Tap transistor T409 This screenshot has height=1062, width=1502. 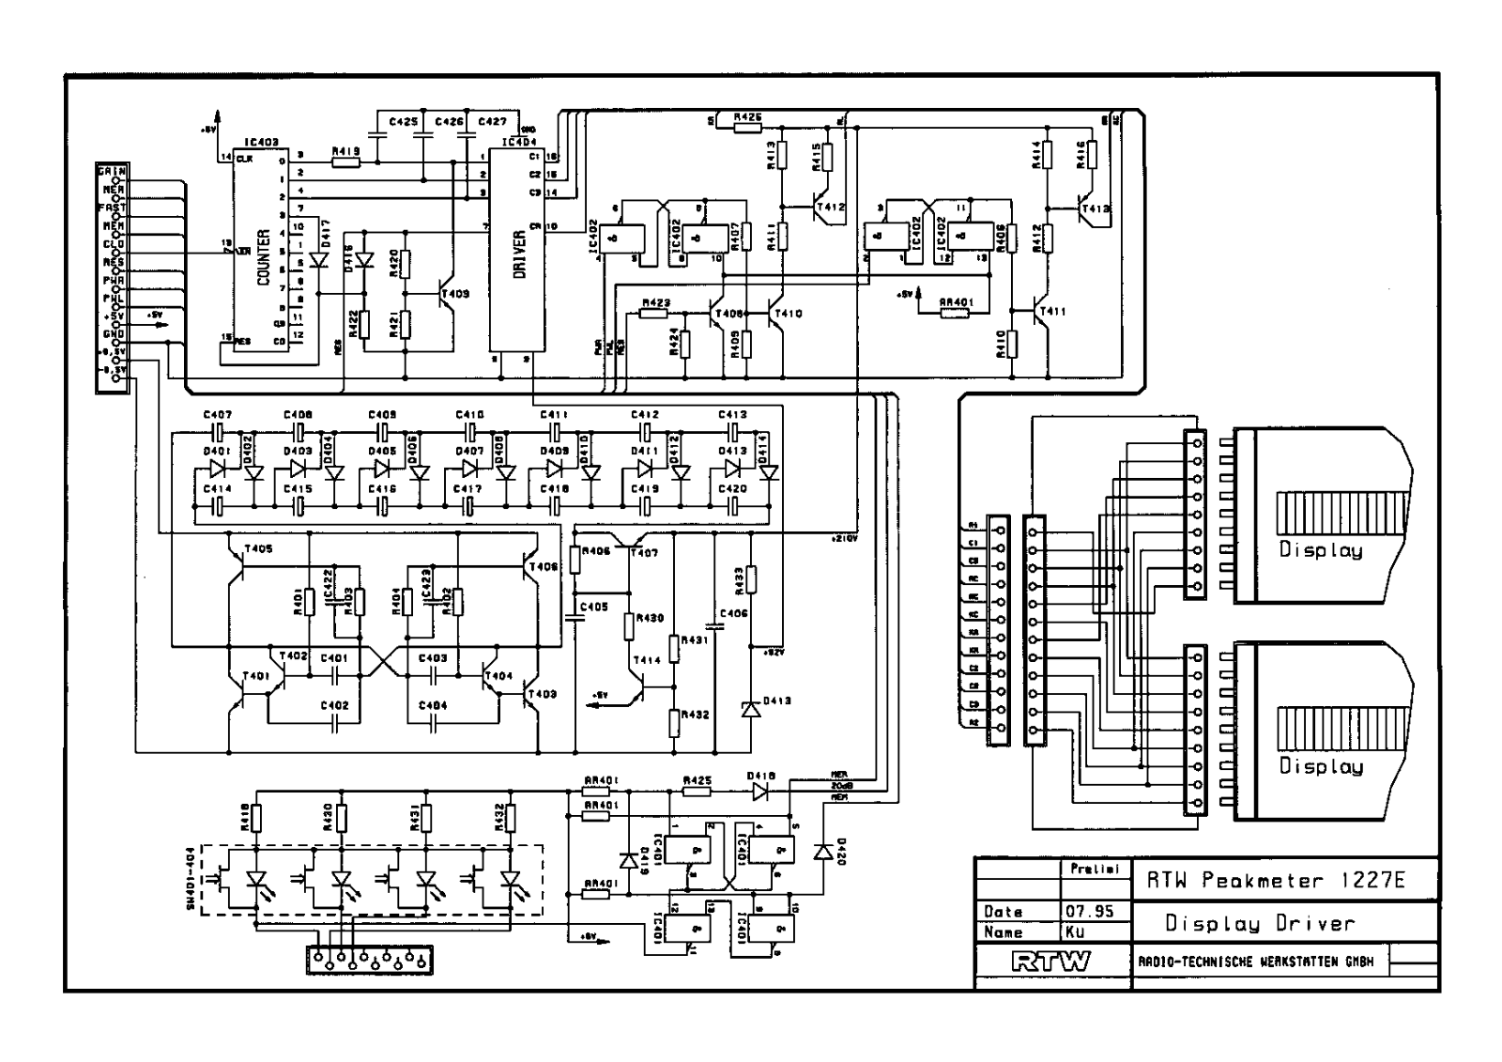click(x=447, y=294)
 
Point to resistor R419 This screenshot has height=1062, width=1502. click(x=345, y=162)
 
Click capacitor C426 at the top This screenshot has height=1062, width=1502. click(x=423, y=135)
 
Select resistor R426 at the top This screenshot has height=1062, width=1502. click(x=747, y=126)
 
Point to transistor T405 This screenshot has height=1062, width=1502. click(x=238, y=562)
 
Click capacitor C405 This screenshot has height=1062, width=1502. click(x=575, y=619)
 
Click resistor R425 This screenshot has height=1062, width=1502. click(x=697, y=792)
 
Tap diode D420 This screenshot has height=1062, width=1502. click(x=824, y=851)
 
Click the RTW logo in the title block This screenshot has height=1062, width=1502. click(x=1051, y=961)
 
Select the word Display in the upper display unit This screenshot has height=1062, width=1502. click(x=1320, y=550)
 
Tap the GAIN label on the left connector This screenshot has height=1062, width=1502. click(x=112, y=171)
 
